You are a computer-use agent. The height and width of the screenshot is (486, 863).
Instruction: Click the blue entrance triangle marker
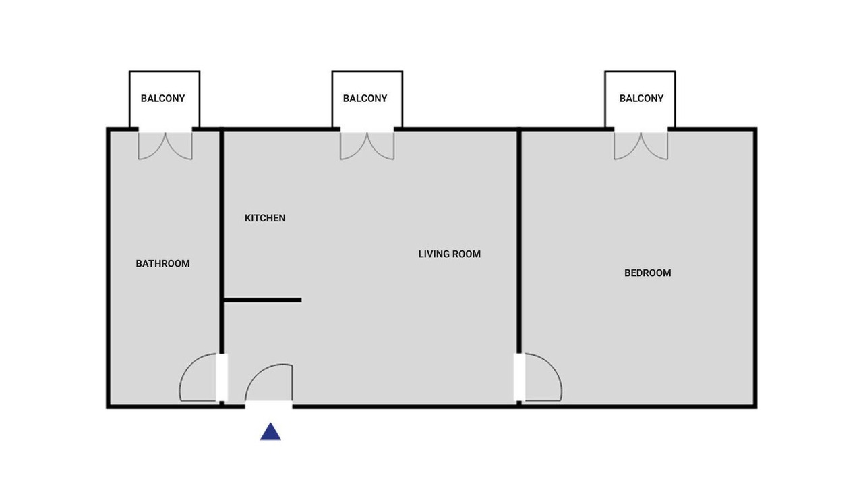[270, 433]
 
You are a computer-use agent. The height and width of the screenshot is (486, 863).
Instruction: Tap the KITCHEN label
[265, 218]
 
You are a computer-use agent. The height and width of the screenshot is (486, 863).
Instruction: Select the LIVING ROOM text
[450, 254]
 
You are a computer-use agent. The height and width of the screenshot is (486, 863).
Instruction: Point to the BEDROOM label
[648, 273]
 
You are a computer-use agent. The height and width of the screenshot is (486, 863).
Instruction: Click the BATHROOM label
[162, 263]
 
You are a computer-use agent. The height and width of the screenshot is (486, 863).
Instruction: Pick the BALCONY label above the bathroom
[162, 99]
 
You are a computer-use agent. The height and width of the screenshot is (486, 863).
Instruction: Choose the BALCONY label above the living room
[365, 99]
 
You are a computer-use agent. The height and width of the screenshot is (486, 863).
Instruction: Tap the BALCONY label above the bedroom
[641, 99]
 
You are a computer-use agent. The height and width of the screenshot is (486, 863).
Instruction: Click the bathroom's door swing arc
[187, 367]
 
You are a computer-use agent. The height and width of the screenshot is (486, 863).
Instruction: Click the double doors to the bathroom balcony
[165, 146]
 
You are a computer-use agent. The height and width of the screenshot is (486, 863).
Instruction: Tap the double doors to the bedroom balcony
[641, 146]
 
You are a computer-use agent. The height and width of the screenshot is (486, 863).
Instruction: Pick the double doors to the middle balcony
[367, 146]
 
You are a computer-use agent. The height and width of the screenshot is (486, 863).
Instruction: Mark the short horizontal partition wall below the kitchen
[262, 300]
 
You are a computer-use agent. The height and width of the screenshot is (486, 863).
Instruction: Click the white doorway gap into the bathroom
[222, 377]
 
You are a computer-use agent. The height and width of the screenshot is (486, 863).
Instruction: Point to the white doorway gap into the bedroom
[519, 377]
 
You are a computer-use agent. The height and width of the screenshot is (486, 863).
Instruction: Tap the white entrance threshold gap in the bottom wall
[268, 404]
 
